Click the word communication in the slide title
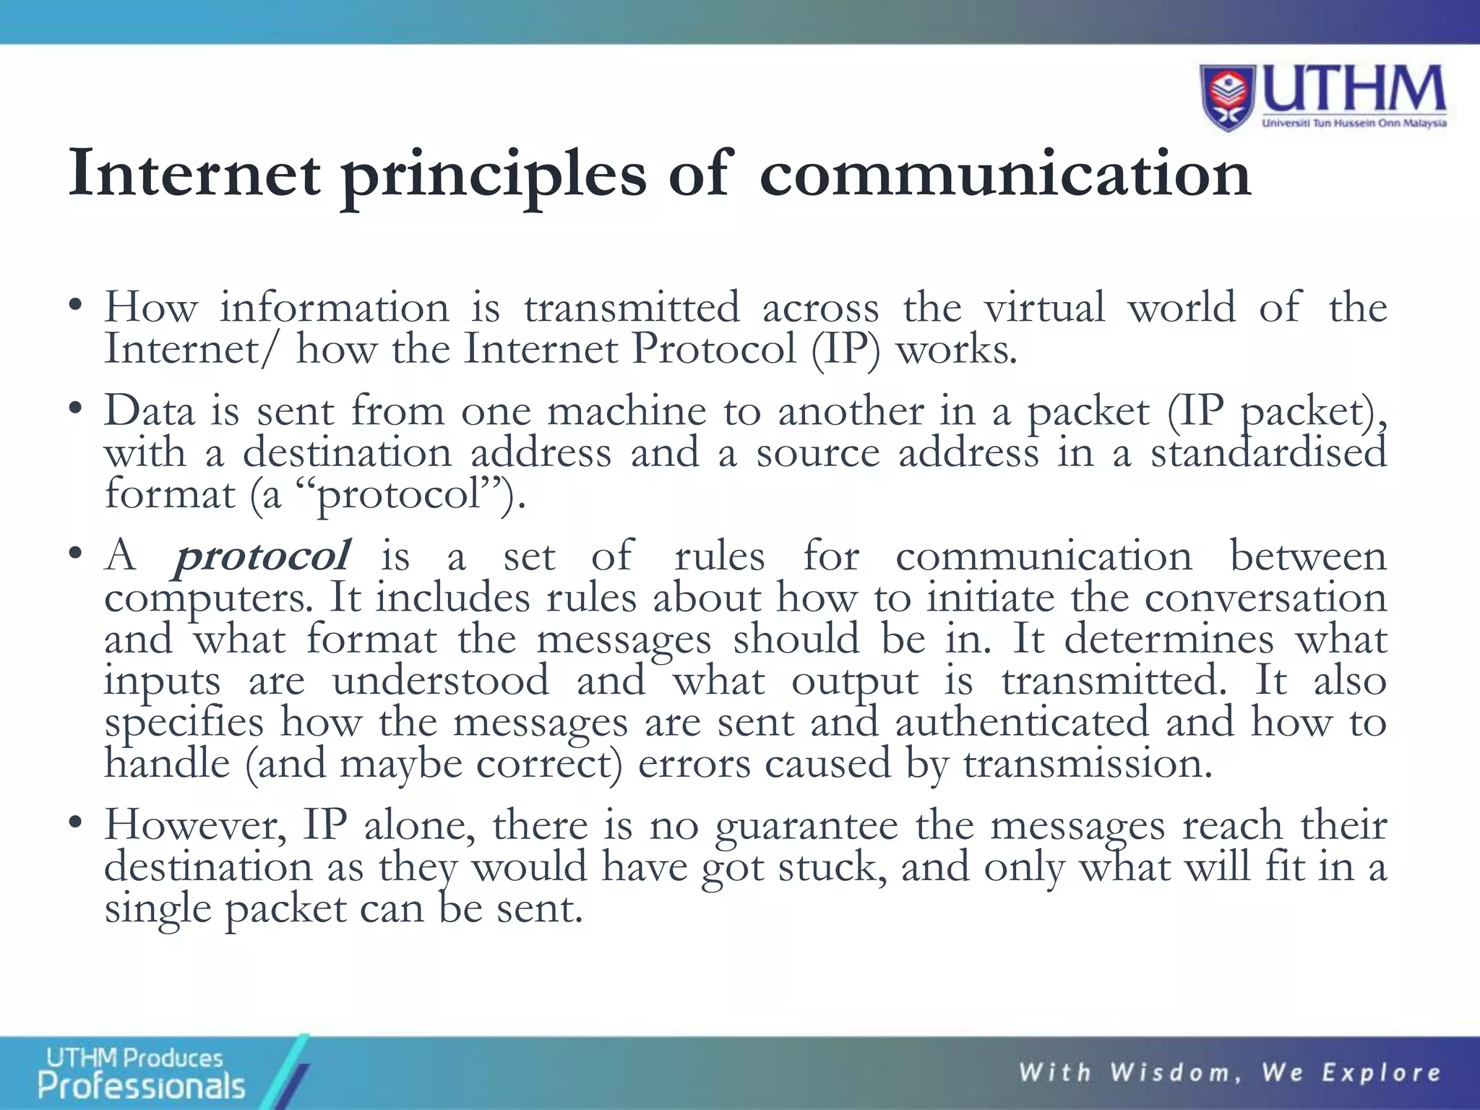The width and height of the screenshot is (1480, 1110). pos(1004,173)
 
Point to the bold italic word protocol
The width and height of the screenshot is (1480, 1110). pos(262,557)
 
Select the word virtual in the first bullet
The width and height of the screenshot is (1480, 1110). pos(1044,307)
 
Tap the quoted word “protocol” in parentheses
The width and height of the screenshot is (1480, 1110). pos(399,496)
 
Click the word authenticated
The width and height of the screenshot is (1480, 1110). pos(1022,722)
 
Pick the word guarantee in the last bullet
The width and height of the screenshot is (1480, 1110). pos(806,826)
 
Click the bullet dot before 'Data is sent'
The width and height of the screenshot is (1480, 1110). pos(74,410)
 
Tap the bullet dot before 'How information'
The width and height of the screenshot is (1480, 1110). pos(74,306)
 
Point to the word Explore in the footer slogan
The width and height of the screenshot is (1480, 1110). pos(1381,1072)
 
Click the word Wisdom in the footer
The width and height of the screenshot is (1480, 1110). pos(1176,1072)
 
